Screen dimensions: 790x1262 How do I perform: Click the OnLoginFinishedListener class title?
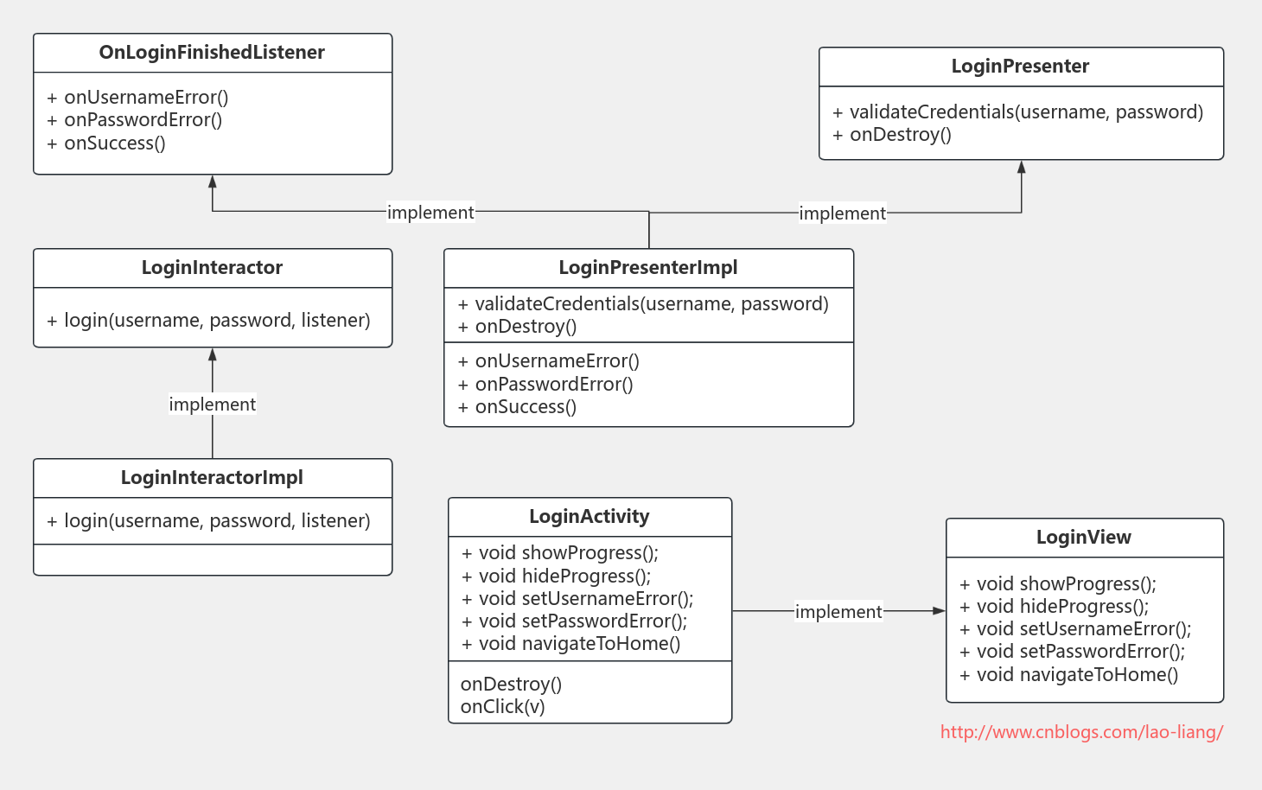[212, 53]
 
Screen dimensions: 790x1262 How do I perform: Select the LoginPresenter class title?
[1020, 67]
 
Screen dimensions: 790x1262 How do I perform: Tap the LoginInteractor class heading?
[212, 268]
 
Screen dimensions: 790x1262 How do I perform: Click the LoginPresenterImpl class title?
[648, 268]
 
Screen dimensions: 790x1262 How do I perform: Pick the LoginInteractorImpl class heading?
[212, 478]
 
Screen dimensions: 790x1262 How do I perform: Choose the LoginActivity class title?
[590, 517]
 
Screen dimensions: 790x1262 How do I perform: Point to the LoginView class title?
[1084, 538]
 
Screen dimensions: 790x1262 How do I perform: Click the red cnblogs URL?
[1081, 732]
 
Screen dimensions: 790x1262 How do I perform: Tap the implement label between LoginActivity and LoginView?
[838, 612]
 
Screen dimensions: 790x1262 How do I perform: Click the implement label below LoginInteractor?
[213, 405]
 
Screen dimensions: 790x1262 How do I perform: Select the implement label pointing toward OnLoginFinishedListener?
[430, 213]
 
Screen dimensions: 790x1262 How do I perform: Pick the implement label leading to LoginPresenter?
[842, 213]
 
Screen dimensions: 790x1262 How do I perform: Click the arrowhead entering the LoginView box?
[940, 611]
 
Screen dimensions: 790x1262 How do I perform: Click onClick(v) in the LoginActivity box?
[503, 707]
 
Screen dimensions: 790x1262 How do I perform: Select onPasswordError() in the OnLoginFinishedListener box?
[143, 120]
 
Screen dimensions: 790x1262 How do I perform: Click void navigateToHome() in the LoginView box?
[1077, 675]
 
